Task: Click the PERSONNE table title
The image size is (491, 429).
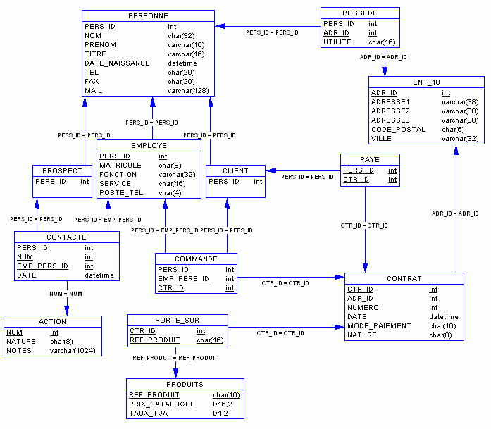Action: (x=148, y=15)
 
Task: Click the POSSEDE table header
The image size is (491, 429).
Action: (x=359, y=13)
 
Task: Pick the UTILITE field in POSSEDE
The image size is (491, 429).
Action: (x=337, y=42)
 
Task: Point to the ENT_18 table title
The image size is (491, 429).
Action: (x=425, y=82)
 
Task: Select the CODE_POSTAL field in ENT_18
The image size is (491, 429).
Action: (x=398, y=130)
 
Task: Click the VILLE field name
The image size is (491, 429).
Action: (x=381, y=139)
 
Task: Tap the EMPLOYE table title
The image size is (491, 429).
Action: (x=149, y=146)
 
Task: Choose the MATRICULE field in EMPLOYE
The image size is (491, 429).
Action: (x=120, y=166)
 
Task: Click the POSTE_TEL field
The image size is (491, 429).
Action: (x=121, y=193)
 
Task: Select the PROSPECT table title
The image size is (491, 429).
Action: (x=63, y=171)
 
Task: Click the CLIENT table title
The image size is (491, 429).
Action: (x=235, y=171)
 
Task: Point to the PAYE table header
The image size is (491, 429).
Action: (x=369, y=160)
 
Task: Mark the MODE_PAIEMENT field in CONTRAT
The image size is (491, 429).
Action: (x=379, y=326)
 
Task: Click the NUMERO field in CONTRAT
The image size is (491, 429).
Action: (x=364, y=308)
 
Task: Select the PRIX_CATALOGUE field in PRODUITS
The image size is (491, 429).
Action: (x=162, y=404)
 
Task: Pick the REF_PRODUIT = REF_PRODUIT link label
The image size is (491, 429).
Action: (x=175, y=359)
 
